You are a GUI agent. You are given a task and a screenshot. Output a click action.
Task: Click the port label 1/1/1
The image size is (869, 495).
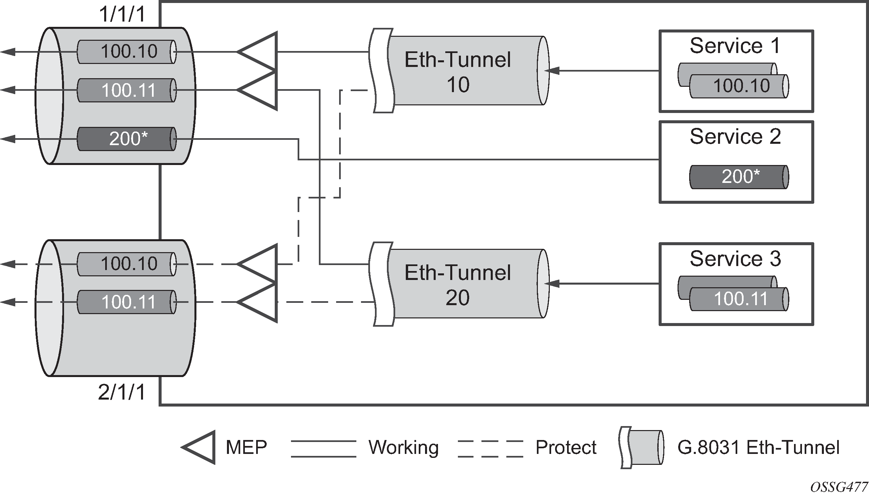(x=122, y=14)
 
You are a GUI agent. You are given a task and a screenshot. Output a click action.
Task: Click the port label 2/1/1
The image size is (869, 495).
(x=122, y=392)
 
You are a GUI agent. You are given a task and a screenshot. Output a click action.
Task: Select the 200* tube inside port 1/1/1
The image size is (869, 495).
(x=127, y=139)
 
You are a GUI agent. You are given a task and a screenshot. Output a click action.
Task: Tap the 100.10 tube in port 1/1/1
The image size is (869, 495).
(x=127, y=52)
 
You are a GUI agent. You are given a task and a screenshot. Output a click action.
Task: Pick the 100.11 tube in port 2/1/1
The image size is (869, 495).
(x=127, y=302)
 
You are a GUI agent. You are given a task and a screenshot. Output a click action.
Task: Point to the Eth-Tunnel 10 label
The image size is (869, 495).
(x=458, y=72)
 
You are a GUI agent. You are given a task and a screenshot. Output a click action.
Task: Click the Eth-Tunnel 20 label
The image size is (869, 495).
(x=458, y=285)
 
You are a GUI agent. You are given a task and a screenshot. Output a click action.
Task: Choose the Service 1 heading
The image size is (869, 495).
(x=735, y=46)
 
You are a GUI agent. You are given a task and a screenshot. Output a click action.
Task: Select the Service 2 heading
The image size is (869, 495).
(x=735, y=137)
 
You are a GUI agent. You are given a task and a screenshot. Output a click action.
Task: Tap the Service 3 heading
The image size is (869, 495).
(x=735, y=259)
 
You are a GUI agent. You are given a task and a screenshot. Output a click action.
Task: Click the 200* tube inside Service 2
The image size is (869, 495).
(x=739, y=177)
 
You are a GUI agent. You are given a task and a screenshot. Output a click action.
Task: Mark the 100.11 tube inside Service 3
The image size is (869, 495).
(x=739, y=299)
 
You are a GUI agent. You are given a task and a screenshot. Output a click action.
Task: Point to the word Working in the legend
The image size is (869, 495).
(x=404, y=447)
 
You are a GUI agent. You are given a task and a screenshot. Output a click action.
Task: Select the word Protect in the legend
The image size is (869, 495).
(x=566, y=447)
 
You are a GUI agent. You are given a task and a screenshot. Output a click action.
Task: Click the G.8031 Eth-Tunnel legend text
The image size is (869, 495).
(x=759, y=447)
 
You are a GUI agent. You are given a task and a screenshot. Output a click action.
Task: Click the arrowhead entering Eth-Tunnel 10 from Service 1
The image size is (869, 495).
(x=552, y=71)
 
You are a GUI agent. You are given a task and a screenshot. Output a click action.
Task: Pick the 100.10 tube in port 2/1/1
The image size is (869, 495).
(x=127, y=264)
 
